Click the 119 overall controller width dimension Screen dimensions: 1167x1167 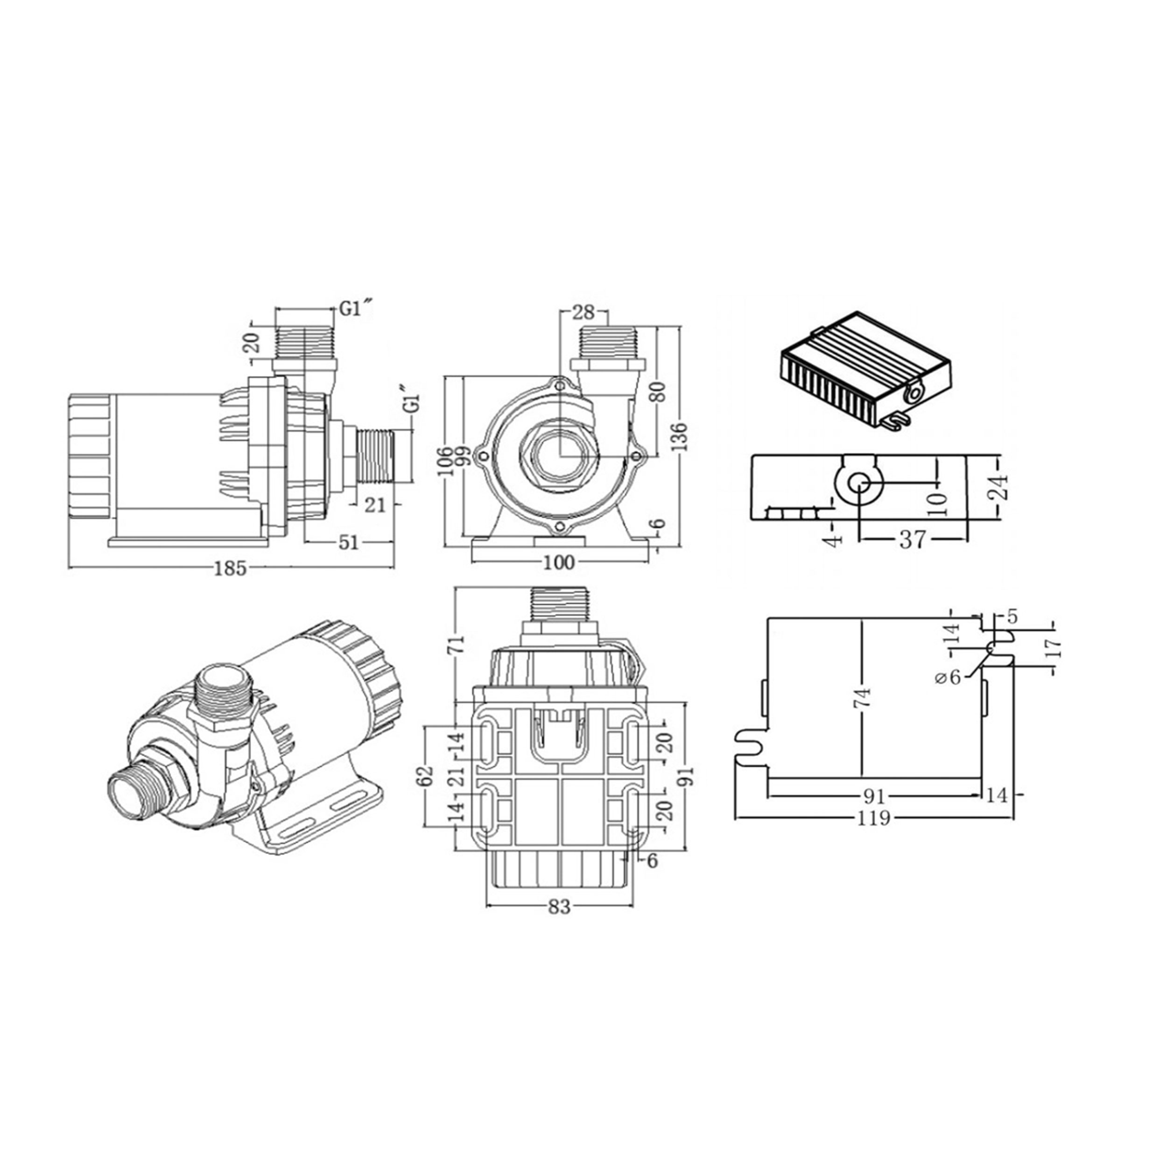873,818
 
